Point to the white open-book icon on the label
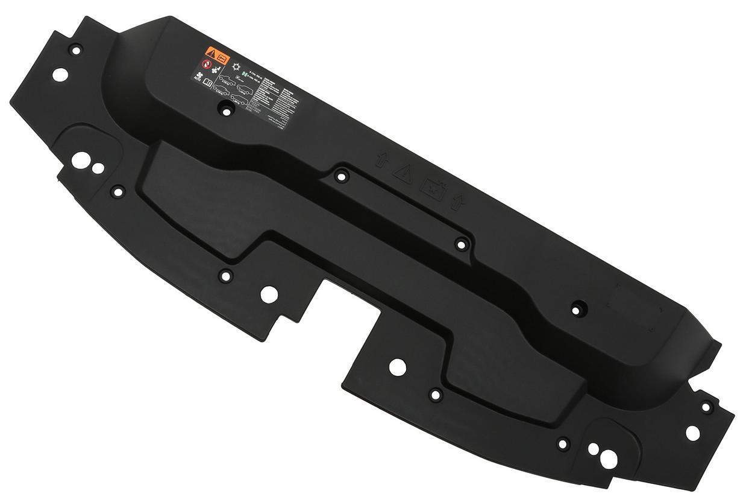[x=208, y=84]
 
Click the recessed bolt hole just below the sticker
[x=227, y=110]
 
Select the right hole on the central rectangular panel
[x=461, y=244]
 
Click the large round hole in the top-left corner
[x=60, y=75]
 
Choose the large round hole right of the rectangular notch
[x=397, y=366]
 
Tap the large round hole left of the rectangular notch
[x=269, y=294]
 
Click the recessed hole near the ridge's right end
[x=577, y=309]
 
